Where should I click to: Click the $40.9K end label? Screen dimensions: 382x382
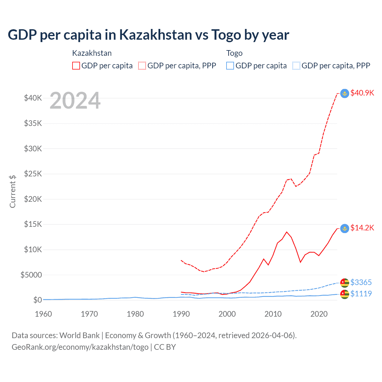[362, 93]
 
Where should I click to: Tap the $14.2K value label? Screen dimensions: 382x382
[362, 228]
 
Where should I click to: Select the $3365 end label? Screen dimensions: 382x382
[361, 282]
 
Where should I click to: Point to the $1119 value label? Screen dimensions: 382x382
[361, 294]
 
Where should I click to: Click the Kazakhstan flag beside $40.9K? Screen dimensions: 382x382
[345, 93]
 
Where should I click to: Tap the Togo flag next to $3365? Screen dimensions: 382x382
[345, 283]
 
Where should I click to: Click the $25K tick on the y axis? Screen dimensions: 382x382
[33, 174]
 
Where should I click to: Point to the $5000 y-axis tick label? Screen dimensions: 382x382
[31, 275]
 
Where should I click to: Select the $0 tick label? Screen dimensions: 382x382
[37, 300]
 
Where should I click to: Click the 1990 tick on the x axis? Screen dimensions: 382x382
[181, 314]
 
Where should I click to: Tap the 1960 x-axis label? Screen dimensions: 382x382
[44, 314]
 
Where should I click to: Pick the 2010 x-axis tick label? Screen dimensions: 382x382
[273, 314]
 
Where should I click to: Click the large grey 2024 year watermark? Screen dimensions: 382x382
[75, 101]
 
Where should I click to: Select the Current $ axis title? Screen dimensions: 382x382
[13, 191]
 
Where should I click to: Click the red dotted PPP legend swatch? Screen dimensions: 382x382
[142, 66]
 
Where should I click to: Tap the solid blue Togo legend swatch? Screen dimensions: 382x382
[230, 66]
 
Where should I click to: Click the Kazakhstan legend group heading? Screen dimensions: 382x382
[92, 53]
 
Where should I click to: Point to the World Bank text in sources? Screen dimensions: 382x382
[79, 335]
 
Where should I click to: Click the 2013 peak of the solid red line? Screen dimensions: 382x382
[286, 232]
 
